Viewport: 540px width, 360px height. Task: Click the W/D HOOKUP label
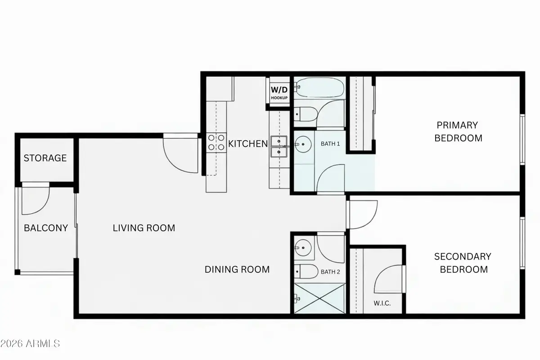coord(279,92)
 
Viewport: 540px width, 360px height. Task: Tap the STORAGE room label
coord(45,158)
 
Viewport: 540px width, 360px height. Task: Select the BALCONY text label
coord(45,228)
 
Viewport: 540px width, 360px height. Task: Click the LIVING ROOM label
coord(144,228)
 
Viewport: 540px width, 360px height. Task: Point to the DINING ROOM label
coord(237,269)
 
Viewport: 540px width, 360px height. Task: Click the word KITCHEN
coord(248,144)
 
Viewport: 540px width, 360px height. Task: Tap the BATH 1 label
coord(330,144)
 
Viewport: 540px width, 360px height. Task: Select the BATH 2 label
coord(330,272)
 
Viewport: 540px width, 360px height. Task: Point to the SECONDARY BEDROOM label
coord(463,263)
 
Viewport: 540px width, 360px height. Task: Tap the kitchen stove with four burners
coord(216,143)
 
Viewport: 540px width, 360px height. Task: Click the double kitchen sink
coord(279,147)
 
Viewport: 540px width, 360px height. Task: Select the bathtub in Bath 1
coord(319,88)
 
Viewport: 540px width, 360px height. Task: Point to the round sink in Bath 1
coord(303,145)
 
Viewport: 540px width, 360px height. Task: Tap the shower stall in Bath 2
coord(319,298)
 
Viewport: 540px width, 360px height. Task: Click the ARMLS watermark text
coord(31,344)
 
